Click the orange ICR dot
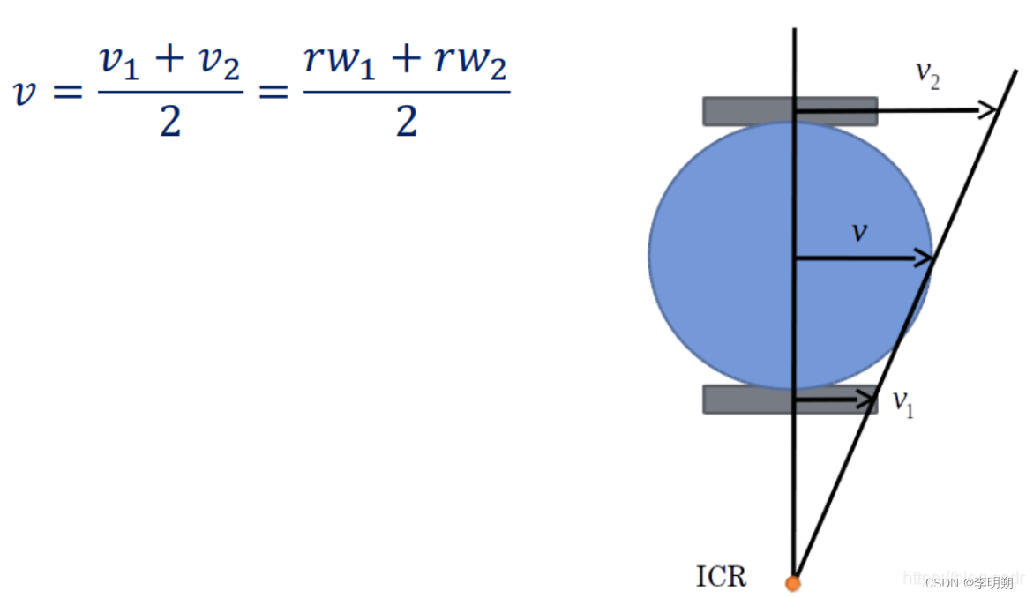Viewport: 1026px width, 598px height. (793, 582)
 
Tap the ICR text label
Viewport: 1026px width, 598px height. (721, 577)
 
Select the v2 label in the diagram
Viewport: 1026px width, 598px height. (926, 76)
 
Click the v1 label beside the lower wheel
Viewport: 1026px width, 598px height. (902, 403)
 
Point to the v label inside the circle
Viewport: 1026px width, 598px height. (858, 232)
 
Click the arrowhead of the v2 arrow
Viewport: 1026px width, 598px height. (990, 110)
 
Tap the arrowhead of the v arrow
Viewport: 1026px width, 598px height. (925, 258)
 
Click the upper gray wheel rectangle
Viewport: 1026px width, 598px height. (750, 111)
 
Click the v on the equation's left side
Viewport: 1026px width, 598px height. (29, 93)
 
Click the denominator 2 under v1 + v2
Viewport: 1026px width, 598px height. (169, 122)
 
